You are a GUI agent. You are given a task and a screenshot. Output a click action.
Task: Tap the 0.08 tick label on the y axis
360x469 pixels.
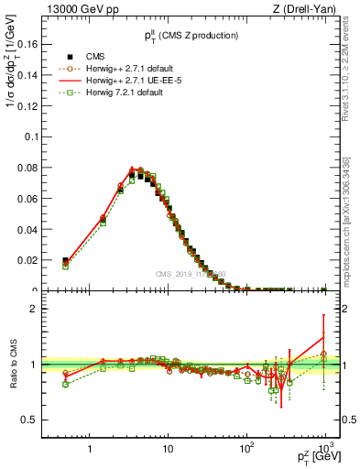(29, 168)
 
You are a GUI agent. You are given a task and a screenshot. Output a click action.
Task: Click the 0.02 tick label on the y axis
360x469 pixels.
(29, 261)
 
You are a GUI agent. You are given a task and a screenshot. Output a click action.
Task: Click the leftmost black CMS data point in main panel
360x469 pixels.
(65, 261)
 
